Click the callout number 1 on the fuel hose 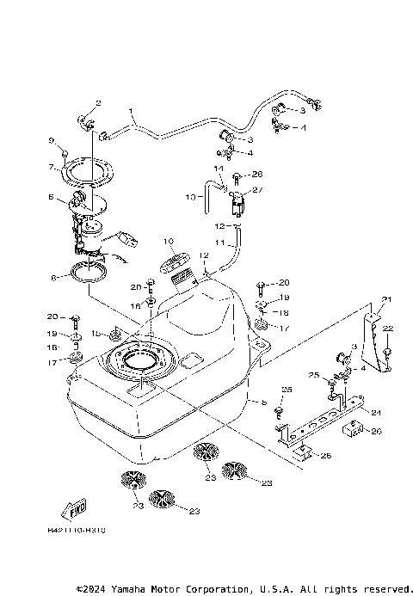point(133,111)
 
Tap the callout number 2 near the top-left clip point(97,103)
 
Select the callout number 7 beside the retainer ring point(52,166)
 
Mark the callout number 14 point(219,168)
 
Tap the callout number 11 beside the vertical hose point(219,243)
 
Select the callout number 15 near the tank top point(95,332)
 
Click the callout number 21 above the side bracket point(386,298)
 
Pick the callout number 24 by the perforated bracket point(375,412)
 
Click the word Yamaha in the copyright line point(129,589)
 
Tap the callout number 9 point(52,140)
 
